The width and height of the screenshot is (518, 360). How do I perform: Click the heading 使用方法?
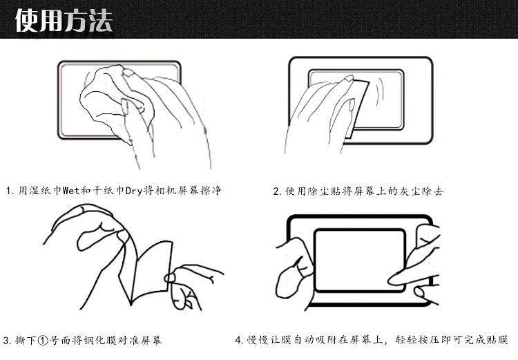[64, 21]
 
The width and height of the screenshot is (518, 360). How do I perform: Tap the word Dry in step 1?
[134, 191]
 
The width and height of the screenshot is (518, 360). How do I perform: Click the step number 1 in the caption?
[8, 191]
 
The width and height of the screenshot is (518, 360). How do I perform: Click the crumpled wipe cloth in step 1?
[113, 100]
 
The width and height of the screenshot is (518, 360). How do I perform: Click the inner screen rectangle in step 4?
[360, 260]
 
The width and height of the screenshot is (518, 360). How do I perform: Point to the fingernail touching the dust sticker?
[349, 79]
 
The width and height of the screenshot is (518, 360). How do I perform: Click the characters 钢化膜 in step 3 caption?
[99, 340]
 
